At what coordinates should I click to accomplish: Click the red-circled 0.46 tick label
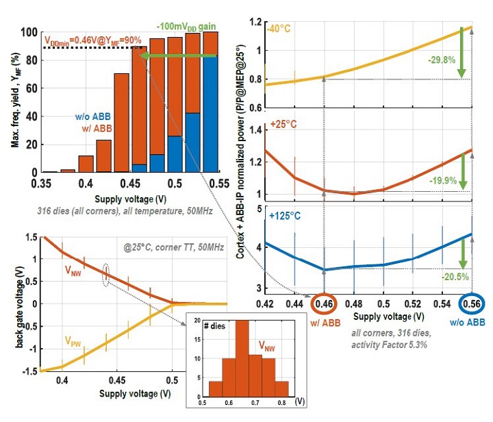tap(324, 303)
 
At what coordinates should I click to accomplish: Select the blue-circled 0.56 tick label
tap(470, 303)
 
